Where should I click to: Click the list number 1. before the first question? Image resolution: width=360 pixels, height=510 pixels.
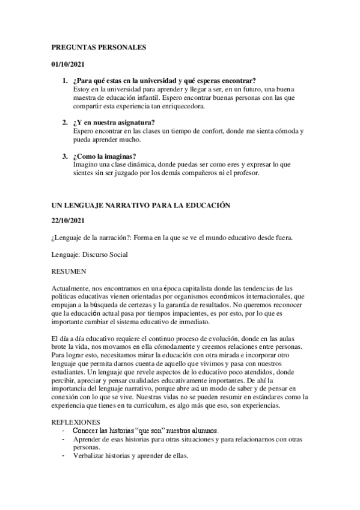pos(65,81)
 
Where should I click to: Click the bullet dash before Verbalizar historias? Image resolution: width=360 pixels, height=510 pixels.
pos(64,455)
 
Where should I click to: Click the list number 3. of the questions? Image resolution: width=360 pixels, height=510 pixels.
pos(65,157)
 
